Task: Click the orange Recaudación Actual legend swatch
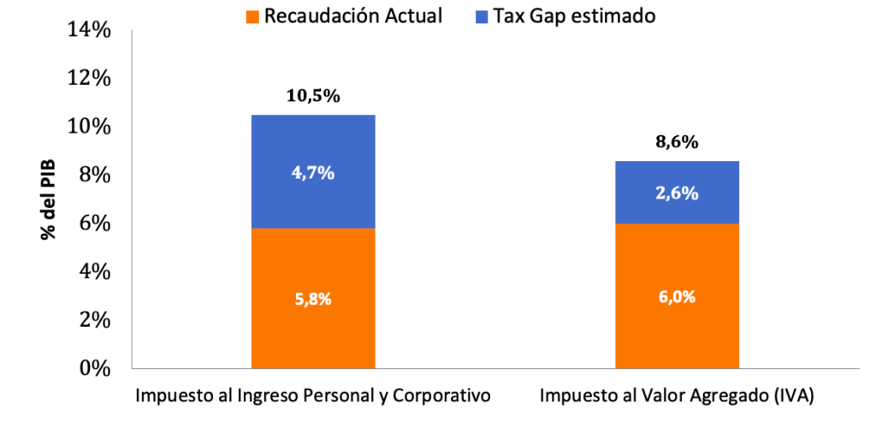tap(252, 16)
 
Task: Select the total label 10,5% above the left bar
tap(312, 96)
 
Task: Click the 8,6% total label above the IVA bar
tap(677, 142)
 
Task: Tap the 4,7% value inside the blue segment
tap(312, 173)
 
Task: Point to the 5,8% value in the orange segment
tap(312, 300)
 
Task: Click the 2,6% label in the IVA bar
tap(677, 193)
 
